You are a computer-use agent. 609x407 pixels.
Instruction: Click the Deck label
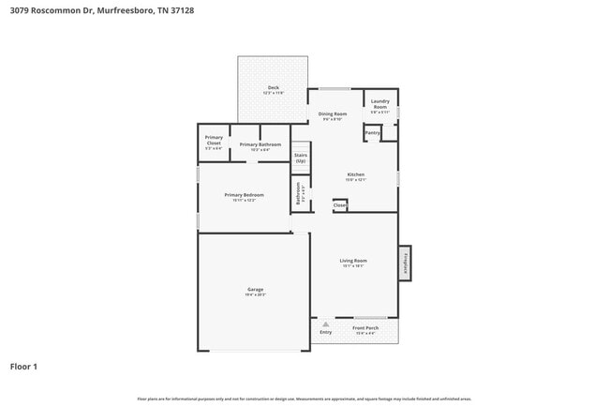pos(273,90)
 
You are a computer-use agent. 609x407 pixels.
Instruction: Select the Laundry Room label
pos(380,104)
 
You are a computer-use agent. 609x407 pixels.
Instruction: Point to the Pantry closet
pos(372,133)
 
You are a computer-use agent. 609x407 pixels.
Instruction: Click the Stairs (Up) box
pos(301,158)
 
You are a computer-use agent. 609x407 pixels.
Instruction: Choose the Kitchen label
pos(356,176)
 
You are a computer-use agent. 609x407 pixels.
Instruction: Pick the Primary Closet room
pos(214,143)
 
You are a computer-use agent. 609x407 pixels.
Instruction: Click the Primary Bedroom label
pos(244,197)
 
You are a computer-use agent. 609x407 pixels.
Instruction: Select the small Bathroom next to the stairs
pos(301,194)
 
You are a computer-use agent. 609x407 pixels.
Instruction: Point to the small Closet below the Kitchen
pos(339,204)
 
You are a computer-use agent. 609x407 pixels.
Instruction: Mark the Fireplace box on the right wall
pos(406,262)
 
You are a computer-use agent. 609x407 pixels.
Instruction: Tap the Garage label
pos(255,291)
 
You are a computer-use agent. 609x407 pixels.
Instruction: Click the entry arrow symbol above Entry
pos(325,324)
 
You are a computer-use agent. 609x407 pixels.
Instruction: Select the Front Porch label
pos(364,330)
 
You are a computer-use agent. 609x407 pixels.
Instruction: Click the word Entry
pos(325,331)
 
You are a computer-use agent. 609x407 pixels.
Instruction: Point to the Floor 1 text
pos(23,366)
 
